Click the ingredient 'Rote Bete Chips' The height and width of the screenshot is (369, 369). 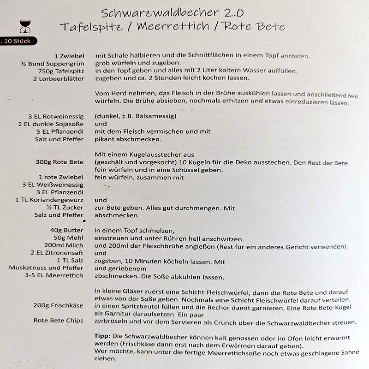click(x=59, y=321)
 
